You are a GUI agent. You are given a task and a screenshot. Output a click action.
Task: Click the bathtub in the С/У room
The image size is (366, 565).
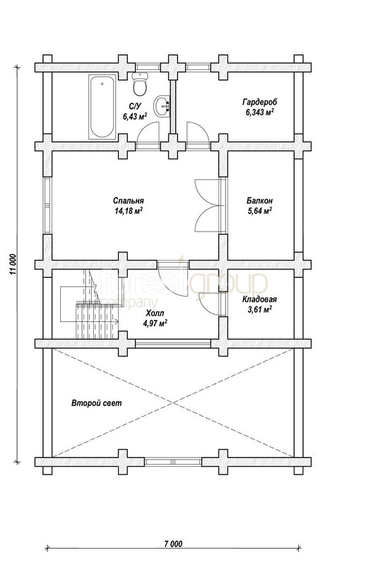(x=102, y=107)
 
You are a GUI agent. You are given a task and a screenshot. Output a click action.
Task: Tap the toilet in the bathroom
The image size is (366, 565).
(x=140, y=83)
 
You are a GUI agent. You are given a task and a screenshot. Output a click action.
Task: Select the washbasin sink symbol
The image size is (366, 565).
(x=162, y=107)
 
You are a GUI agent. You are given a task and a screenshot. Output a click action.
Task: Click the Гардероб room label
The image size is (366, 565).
(x=259, y=102)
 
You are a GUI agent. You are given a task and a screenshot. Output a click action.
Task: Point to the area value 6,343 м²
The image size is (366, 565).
(x=259, y=112)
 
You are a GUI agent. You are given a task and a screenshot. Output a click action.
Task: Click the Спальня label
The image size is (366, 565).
(x=129, y=201)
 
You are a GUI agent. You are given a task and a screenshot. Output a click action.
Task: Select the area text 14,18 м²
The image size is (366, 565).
(x=129, y=211)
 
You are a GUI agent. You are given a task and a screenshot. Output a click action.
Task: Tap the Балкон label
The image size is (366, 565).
(x=259, y=201)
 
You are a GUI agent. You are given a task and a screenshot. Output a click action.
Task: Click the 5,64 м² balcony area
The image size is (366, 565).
(x=259, y=211)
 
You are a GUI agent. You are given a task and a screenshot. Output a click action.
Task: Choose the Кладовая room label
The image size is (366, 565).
(x=259, y=299)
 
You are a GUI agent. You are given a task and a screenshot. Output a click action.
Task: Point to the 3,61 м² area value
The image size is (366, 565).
(x=259, y=309)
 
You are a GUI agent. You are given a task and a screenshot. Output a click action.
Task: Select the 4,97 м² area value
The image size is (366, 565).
(x=155, y=323)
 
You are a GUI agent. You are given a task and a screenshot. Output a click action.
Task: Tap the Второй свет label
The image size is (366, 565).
(x=97, y=403)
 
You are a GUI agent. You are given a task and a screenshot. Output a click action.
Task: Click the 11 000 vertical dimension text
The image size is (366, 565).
(x=13, y=265)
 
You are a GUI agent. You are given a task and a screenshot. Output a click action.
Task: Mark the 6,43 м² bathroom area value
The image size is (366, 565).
(x=134, y=116)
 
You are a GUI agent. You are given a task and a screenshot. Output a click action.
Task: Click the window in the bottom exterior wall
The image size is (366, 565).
(x=173, y=462)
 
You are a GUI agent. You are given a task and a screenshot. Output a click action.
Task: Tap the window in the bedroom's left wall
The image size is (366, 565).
(x=47, y=206)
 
